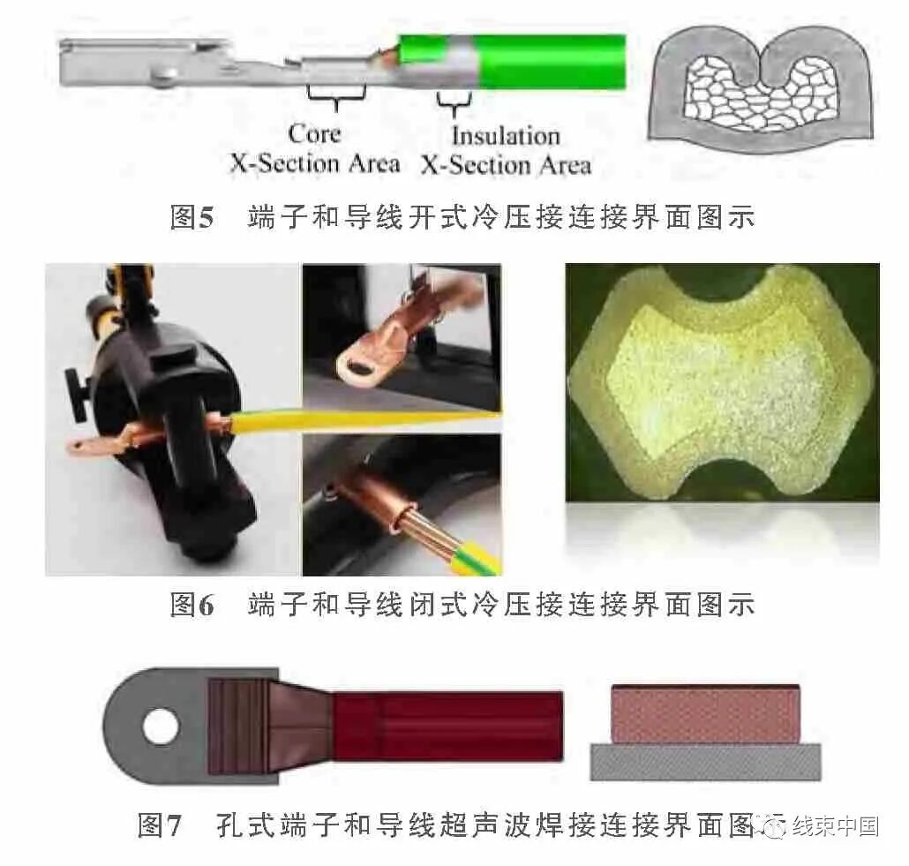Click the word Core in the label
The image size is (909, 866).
[x=314, y=134]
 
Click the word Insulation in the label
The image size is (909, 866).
[x=506, y=136]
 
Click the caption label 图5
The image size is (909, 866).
[x=192, y=216]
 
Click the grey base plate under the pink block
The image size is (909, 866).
[x=705, y=761]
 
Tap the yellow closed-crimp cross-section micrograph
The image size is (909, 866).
[x=722, y=380]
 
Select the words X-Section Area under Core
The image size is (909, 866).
[x=315, y=163]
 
